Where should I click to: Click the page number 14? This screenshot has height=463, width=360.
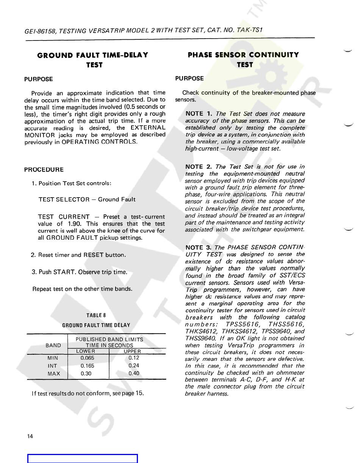[x=30, y=436]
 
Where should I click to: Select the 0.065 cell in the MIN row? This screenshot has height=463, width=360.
[x=88, y=358]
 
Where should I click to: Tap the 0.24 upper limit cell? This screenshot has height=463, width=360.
[x=134, y=365]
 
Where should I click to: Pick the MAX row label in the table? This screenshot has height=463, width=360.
[x=53, y=374]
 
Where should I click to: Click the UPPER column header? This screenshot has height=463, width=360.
[x=132, y=352]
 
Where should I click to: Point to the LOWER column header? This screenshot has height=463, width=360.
[x=86, y=351]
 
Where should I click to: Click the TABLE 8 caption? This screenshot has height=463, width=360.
[x=96, y=315]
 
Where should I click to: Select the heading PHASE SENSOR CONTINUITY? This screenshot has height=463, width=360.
[x=243, y=55]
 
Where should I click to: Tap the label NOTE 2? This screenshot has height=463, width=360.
[x=199, y=167]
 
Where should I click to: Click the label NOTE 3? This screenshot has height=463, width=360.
[x=199, y=248]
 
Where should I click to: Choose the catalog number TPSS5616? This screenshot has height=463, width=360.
[x=243, y=324]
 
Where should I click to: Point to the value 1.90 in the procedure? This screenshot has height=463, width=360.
[x=74, y=224]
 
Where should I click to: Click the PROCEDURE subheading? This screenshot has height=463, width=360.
[x=44, y=170]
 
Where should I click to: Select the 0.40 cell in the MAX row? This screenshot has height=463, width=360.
[x=134, y=373]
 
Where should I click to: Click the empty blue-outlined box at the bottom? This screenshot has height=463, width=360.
[x=82, y=458]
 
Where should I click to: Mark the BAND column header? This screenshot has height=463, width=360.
[x=53, y=345]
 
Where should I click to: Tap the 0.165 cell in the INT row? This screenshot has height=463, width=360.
[x=88, y=366]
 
